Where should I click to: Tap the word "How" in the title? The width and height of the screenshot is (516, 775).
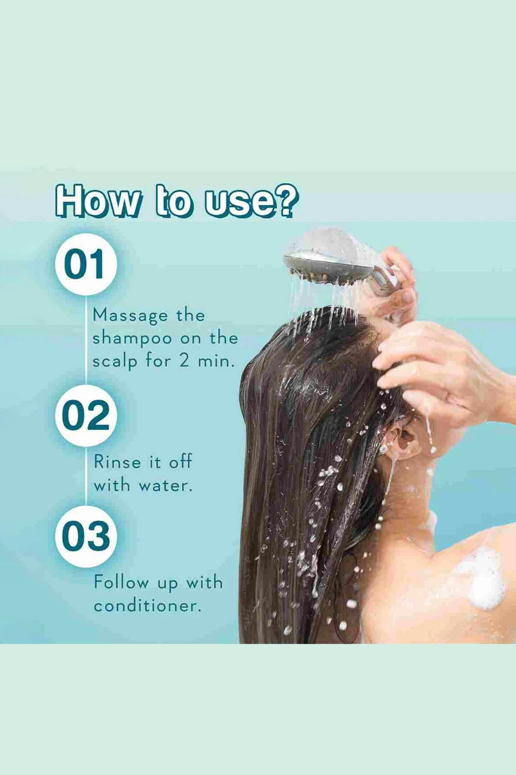point(95,202)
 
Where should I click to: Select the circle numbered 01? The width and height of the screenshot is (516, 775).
point(86,264)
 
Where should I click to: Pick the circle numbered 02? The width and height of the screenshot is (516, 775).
point(86,415)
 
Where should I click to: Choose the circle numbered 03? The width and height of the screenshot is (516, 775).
point(86,537)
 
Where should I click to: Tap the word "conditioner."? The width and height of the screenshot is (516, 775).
point(147,606)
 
